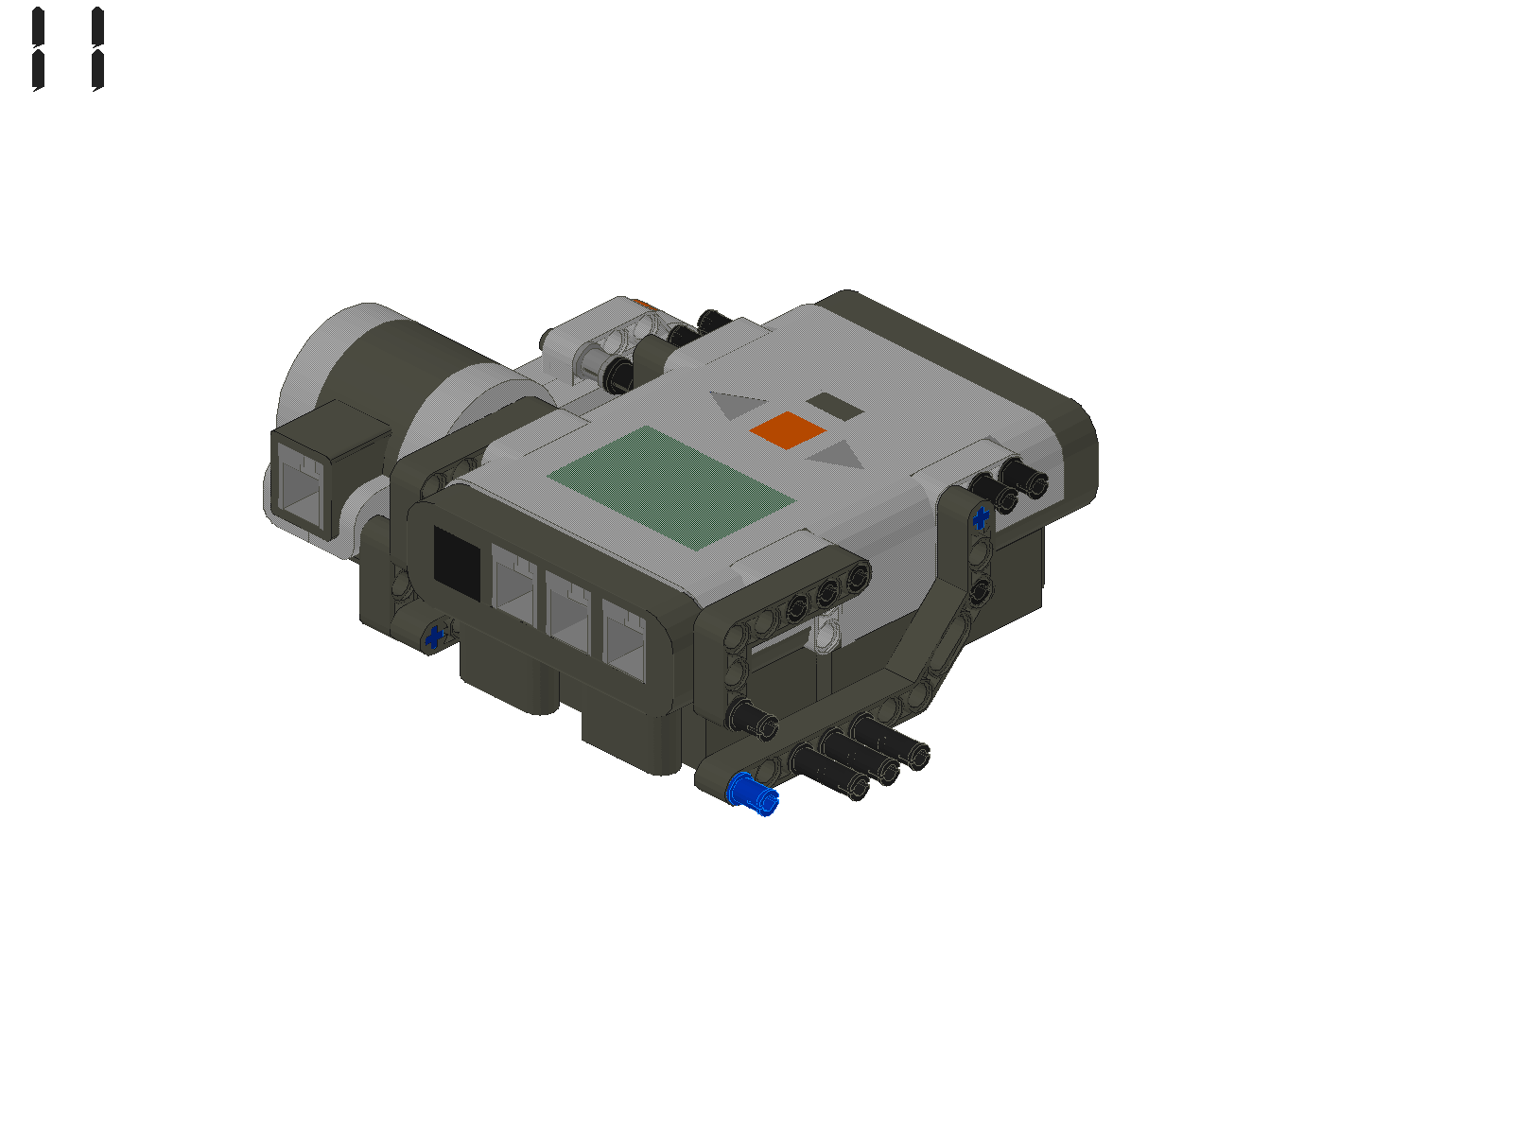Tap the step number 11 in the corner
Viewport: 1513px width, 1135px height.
coord(66,49)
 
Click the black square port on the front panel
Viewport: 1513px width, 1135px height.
coord(457,561)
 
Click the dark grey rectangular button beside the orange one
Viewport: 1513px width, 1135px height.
coord(833,408)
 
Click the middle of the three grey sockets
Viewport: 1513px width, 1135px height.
coord(567,613)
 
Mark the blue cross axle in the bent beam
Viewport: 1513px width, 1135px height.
coord(981,517)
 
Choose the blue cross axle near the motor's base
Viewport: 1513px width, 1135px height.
coord(435,637)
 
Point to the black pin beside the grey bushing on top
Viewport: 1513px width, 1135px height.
coord(617,375)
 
